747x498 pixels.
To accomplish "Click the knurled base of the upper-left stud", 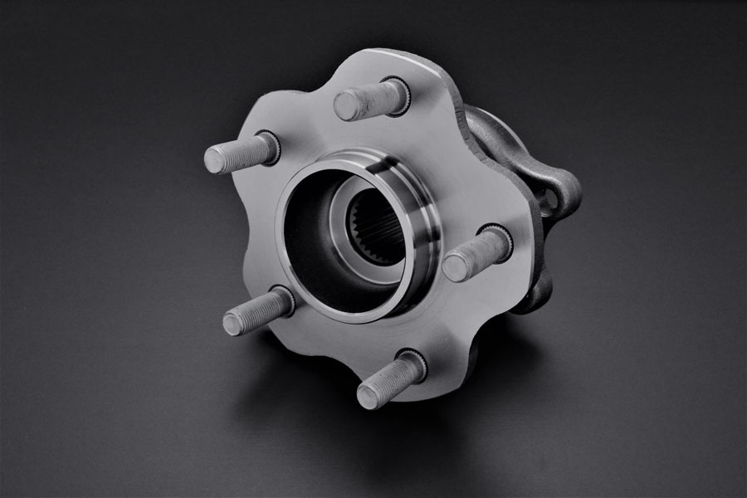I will (x=268, y=146).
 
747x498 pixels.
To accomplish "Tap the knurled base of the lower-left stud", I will (x=281, y=300).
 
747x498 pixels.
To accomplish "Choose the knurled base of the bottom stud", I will (x=412, y=365).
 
